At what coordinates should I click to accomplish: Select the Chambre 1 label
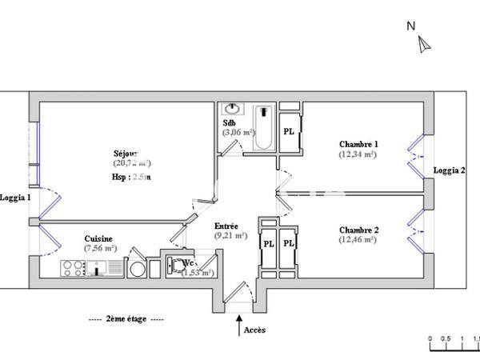(358, 144)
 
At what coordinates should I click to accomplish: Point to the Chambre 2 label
(358, 230)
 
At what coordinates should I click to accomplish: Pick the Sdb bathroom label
(230, 123)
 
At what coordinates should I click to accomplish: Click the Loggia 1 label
(15, 198)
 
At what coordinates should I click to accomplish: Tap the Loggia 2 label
(450, 170)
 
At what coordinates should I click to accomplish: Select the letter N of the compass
(410, 26)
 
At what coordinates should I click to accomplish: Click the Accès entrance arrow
(238, 325)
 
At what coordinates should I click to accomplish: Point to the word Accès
(254, 330)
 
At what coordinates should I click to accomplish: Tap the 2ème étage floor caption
(126, 318)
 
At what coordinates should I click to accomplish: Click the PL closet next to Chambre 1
(288, 130)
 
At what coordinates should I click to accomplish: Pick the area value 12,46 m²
(358, 239)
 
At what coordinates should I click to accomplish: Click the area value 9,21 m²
(230, 235)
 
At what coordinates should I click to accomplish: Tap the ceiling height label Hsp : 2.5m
(131, 177)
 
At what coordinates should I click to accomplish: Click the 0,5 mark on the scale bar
(446, 338)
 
